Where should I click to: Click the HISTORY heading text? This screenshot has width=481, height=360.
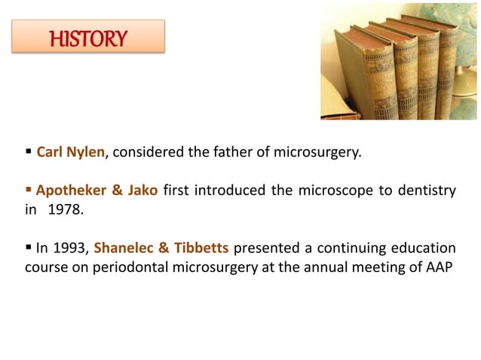tap(88, 38)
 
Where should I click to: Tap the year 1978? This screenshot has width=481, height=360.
tap(65, 209)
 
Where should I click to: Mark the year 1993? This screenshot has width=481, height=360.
tap(72, 248)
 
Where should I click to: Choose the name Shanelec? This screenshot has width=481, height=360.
tap(127, 248)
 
